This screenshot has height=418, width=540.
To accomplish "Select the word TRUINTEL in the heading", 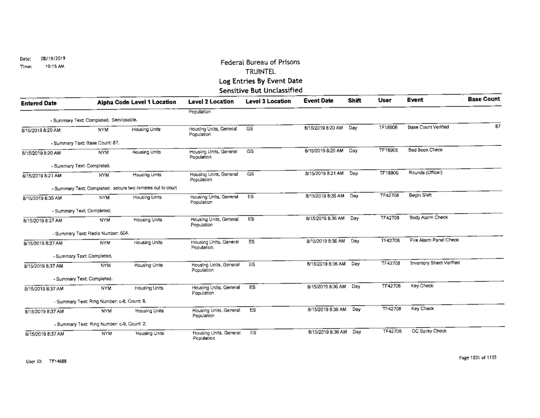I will point(260,72).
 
